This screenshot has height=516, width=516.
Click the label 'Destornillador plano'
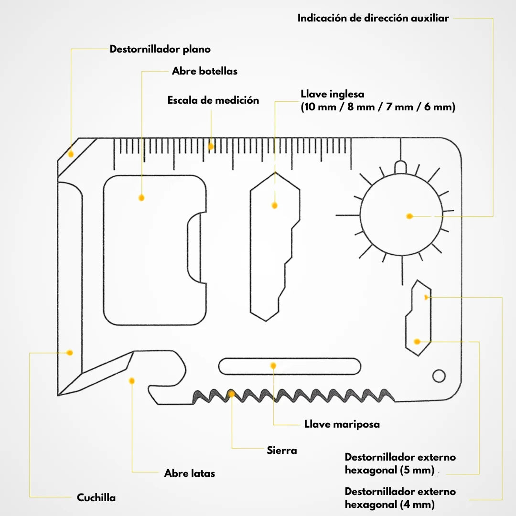160,49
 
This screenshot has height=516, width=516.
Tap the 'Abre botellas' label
204,71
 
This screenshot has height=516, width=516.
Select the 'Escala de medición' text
213,100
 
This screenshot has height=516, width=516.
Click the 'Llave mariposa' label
342,424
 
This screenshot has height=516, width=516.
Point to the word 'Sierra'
282,450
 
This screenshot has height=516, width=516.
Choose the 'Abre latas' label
190,473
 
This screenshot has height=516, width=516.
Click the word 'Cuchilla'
96,497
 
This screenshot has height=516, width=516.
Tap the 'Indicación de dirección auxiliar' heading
373,18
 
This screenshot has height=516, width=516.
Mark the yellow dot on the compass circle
410,216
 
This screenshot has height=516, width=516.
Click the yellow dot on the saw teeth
231,394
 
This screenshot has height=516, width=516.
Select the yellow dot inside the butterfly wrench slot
273,365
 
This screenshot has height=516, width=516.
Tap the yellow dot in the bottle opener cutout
141,198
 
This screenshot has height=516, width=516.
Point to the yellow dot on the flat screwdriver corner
70,154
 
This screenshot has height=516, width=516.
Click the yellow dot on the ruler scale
211,147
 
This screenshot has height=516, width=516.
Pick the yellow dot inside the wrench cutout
274,205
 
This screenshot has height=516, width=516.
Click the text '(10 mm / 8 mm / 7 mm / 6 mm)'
378,107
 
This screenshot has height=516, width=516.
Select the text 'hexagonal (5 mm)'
390,470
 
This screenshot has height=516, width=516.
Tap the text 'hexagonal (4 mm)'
390,504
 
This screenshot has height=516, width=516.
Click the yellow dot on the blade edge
69,353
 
